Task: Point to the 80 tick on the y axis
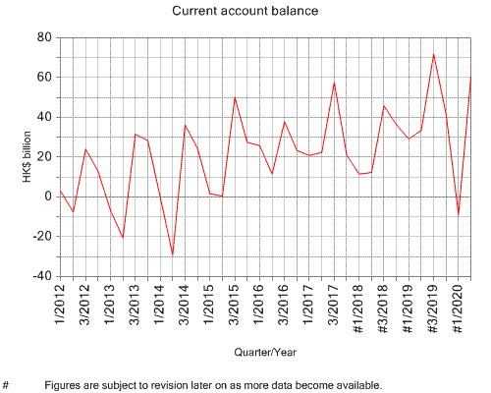tap(42, 37)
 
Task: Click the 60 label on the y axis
tap(42, 78)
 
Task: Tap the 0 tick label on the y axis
tap(46, 196)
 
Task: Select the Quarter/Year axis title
tap(265, 351)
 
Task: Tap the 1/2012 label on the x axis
tap(61, 306)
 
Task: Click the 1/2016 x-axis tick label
tap(259, 306)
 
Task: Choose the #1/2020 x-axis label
tap(458, 309)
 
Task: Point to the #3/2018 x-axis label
tap(383, 309)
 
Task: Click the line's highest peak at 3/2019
tap(434, 54)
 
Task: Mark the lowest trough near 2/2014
tap(173, 254)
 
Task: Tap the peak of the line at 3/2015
tap(235, 97)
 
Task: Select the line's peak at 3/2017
tap(334, 83)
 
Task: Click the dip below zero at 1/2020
tap(458, 213)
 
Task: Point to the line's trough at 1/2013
tap(123, 238)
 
